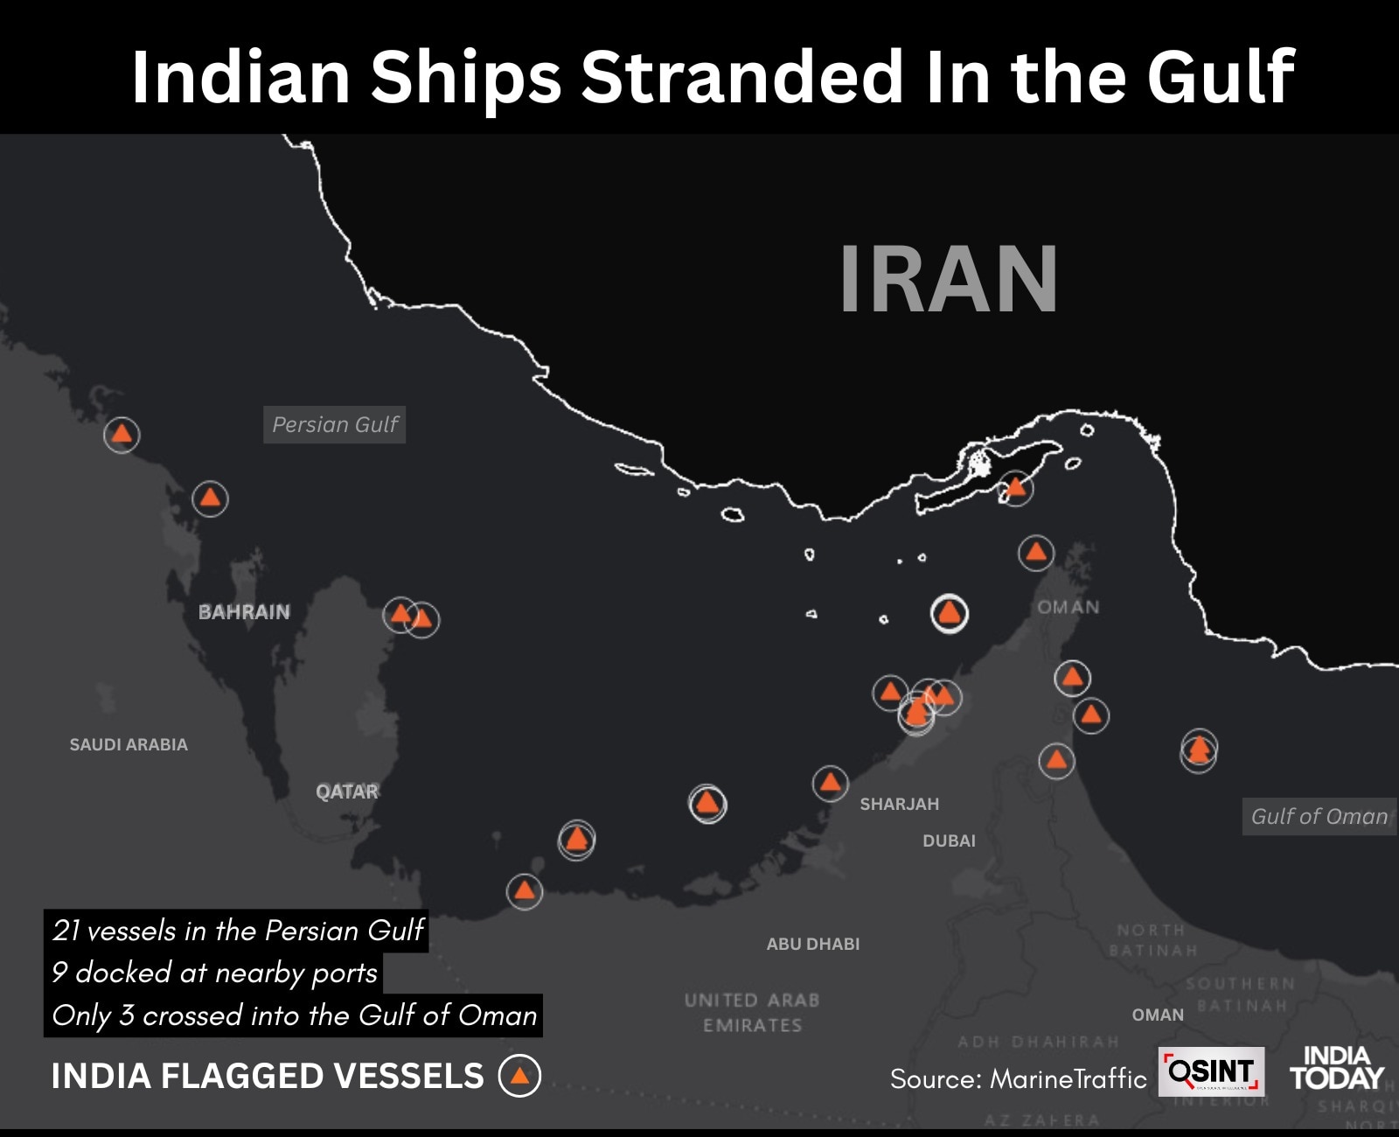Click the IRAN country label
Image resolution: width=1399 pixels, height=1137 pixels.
coord(949,278)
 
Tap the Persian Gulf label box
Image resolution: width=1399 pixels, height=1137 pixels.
coord(335,425)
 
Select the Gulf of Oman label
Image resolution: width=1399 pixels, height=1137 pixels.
coord(1319,816)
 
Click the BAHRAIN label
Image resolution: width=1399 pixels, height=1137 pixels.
coord(244,612)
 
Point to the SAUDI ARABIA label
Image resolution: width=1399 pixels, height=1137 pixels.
coord(129,744)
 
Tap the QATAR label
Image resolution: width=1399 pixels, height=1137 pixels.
coord(347,792)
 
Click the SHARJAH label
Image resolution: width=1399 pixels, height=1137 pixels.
coord(899,804)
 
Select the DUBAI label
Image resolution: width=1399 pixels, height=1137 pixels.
coord(949,841)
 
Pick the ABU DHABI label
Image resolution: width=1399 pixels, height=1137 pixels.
coord(813,944)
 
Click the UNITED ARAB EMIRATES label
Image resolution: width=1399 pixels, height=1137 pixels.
coord(752,1012)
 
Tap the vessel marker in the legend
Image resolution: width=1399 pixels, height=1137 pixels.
coord(519,1076)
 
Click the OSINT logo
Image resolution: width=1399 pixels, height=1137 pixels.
coord(1211,1071)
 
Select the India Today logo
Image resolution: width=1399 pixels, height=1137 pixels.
coord(1336,1069)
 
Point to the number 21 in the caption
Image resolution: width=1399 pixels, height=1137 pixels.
coord(66,930)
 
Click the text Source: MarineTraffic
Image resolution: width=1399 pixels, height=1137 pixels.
coord(1018,1079)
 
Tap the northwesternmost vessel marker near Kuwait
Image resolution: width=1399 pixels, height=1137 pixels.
coord(122,434)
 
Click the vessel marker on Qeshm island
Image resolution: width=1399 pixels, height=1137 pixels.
coord(1015,487)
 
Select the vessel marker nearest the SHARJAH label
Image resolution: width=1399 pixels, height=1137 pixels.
coord(830,783)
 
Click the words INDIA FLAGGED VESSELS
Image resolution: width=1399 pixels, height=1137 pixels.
coord(268,1076)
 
